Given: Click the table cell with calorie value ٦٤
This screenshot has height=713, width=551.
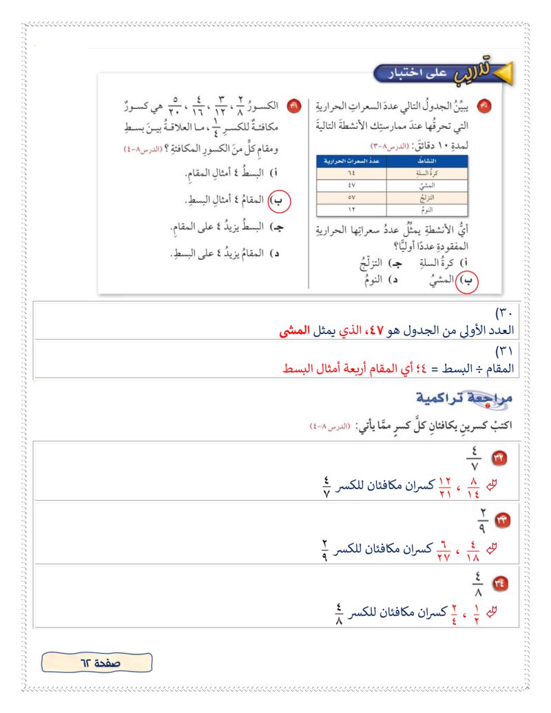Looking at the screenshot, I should pos(351,174).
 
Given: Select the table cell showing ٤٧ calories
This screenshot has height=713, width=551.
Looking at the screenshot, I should pos(351,185).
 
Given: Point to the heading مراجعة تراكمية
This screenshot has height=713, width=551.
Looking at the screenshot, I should pos(468,400).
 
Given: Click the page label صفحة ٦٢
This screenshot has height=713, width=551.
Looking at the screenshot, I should pos(97,663).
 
